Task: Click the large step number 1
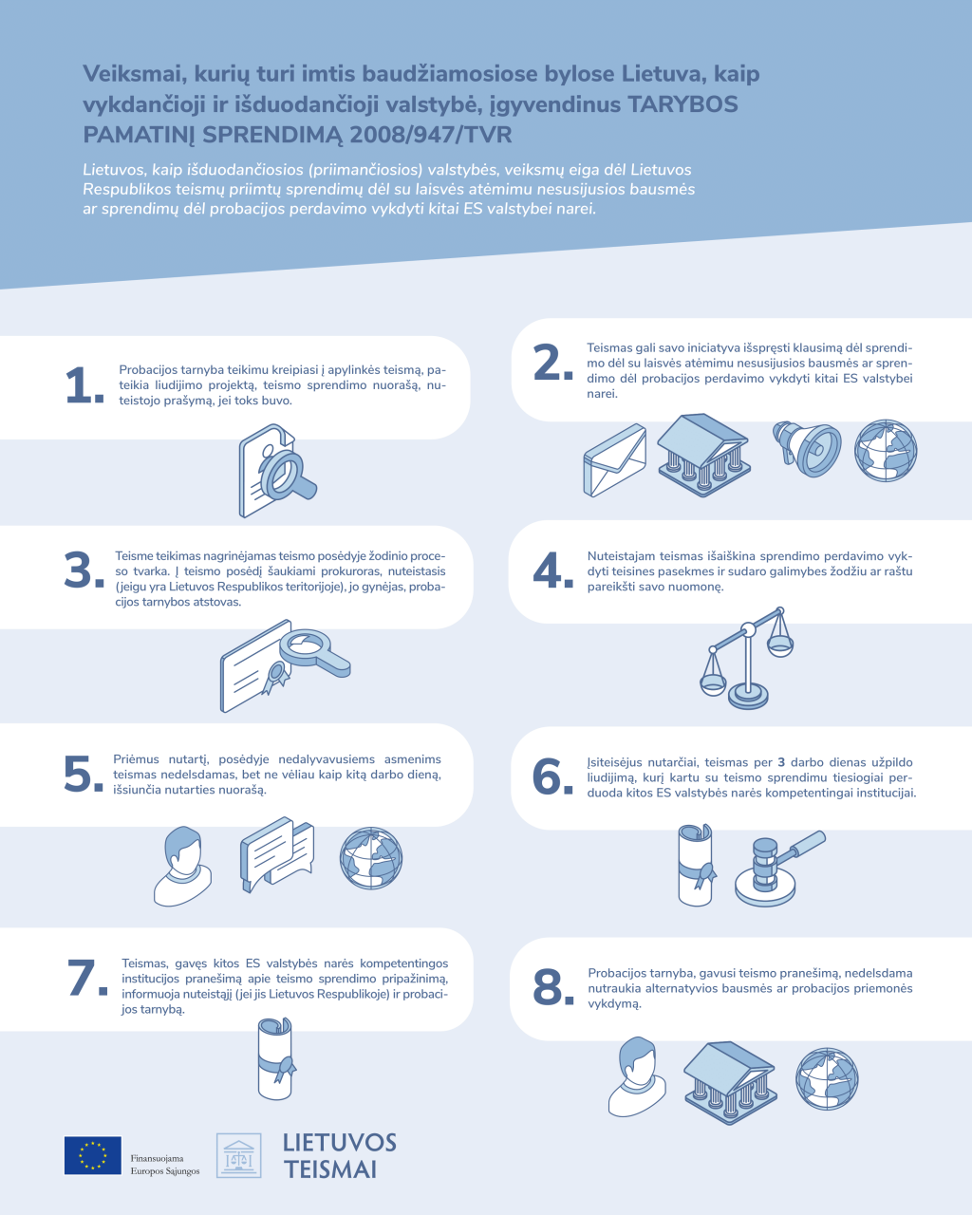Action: (84, 385)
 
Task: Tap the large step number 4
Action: (552, 570)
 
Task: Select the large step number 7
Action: (87, 978)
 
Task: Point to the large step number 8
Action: (553, 988)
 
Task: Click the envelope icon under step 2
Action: (614, 460)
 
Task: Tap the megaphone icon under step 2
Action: (807, 448)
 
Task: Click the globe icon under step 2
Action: (885, 450)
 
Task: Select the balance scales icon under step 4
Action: (747, 659)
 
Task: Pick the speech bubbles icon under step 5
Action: (277, 854)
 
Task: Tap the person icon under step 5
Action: (182, 866)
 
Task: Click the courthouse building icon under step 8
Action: (729, 1083)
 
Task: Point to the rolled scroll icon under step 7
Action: (276, 1058)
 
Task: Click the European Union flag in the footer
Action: (93, 1156)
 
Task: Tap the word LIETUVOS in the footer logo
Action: (340, 1143)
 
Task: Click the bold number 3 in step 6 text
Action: (781, 762)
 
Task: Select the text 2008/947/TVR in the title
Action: (431, 135)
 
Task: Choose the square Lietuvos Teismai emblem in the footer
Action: (239, 1155)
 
